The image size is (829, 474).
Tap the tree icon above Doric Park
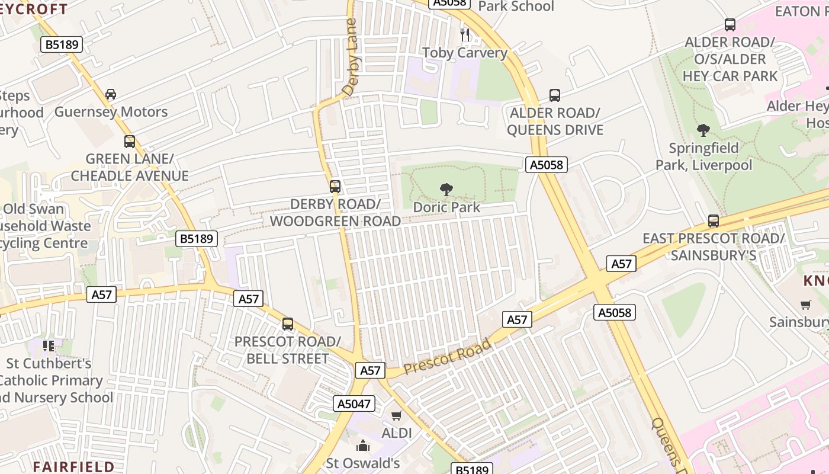[x=446, y=190]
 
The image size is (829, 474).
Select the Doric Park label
[x=446, y=207]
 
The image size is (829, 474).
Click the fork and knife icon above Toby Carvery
[x=465, y=35]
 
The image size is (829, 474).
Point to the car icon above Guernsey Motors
[x=111, y=94]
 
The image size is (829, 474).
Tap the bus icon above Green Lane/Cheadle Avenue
[x=130, y=142]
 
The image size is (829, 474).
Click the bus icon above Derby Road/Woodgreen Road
[x=335, y=187]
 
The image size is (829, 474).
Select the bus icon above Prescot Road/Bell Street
[x=288, y=324]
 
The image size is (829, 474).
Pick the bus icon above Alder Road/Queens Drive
[x=555, y=95]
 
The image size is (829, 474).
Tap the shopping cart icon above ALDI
[x=397, y=415]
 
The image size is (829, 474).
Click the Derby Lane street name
[x=351, y=57]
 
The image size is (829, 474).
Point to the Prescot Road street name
[x=448, y=357]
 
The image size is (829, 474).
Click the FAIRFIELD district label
[x=73, y=466]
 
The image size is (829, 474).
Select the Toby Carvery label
[x=465, y=53]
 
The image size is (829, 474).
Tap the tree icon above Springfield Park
[x=703, y=130]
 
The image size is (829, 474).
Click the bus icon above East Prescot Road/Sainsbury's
[x=714, y=221]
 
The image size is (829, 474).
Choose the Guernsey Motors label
[x=111, y=112]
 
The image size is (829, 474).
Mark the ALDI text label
[x=397, y=433]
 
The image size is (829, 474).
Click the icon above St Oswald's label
[x=363, y=445]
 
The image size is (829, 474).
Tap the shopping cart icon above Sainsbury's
[x=806, y=305]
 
